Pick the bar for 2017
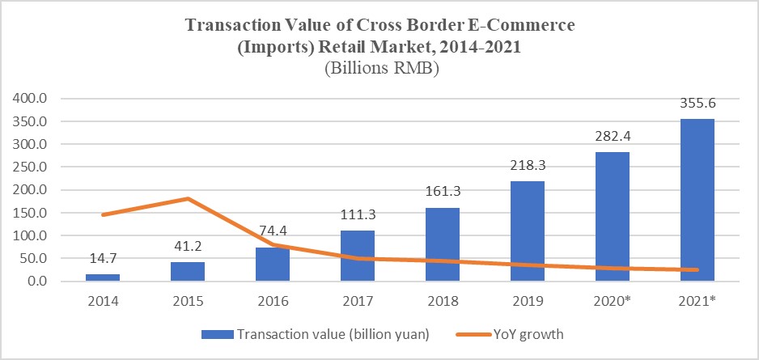(x=358, y=256)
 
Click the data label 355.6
(x=697, y=104)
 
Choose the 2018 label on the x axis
(x=443, y=301)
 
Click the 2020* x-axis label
(x=613, y=301)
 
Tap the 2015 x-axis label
(x=189, y=301)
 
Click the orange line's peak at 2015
(x=189, y=198)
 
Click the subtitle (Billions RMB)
(x=380, y=69)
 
